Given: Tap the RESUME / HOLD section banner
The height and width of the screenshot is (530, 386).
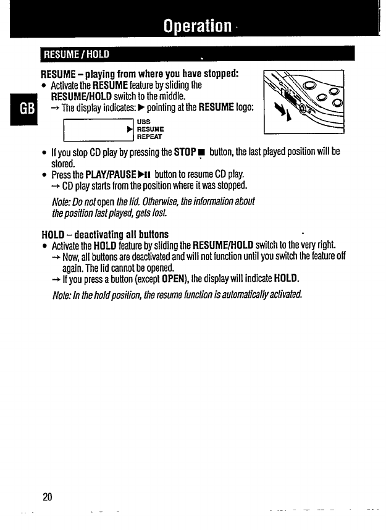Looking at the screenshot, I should pos(75,54).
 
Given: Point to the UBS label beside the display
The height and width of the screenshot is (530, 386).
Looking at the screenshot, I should pos(143,122).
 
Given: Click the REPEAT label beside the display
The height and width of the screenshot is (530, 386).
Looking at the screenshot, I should pos(149,137).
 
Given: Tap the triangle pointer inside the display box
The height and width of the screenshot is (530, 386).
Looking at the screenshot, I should pos(130,130).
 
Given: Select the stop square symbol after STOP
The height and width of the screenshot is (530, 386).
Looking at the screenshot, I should pos(201,152).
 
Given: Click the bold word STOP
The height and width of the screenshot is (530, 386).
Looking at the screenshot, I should pos(185,151).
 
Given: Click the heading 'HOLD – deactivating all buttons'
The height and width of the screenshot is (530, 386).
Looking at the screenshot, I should pos(104,234).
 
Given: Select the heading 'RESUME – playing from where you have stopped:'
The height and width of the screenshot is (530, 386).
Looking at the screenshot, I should pos(140,74).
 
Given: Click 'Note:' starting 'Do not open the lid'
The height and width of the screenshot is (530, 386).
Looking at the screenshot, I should pos(65,202).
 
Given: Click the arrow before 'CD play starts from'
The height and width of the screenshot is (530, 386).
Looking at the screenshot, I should pos(56,185).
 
